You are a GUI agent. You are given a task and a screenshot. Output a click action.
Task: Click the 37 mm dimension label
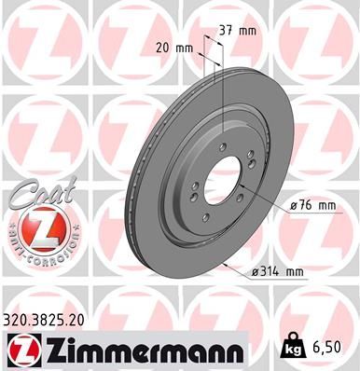tap(239, 31)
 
